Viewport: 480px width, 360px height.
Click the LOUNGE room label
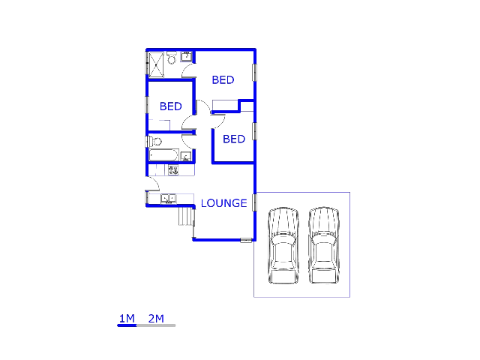click(x=223, y=203)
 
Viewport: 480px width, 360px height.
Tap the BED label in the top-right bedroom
click(x=223, y=80)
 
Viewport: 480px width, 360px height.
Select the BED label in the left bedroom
click(x=170, y=106)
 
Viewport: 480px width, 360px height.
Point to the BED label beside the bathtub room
click(x=234, y=139)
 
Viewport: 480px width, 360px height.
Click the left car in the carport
click(x=283, y=245)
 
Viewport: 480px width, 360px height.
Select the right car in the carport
click(x=324, y=245)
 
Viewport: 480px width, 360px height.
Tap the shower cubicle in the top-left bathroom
click(x=157, y=64)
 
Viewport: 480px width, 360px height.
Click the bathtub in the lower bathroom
click(x=163, y=155)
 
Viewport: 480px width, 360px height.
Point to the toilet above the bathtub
click(x=154, y=141)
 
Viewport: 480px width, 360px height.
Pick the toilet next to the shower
click(x=172, y=58)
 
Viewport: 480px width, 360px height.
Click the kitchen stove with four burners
click(x=172, y=170)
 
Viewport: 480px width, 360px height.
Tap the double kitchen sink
click(x=168, y=199)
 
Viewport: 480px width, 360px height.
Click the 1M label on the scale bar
click(x=127, y=319)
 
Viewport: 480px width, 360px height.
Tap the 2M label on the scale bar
click(x=156, y=319)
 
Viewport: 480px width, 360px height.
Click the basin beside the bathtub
click(x=185, y=156)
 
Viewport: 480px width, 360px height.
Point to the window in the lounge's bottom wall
click(x=246, y=240)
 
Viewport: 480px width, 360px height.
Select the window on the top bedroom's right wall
click(x=255, y=72)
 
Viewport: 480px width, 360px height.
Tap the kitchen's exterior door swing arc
click(x=152, y=184)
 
